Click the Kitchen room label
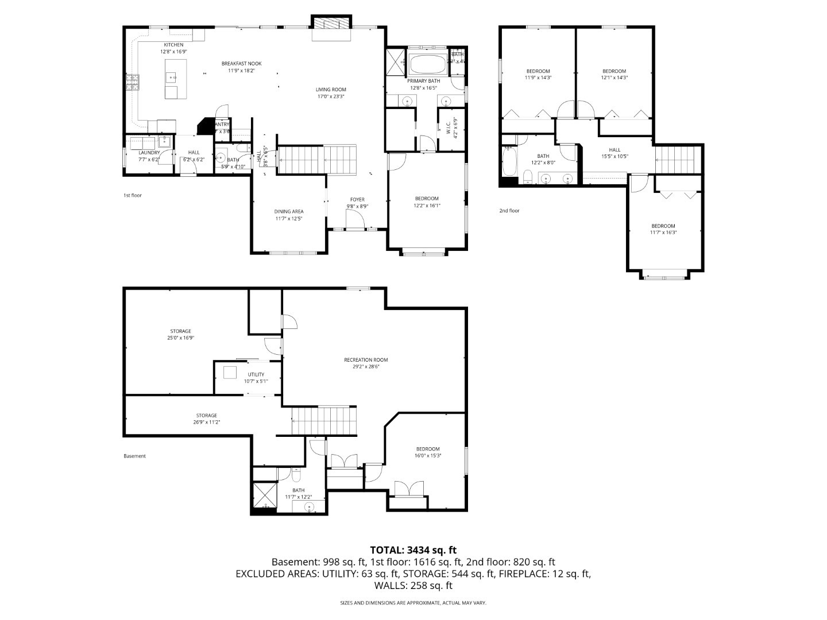(173, 45)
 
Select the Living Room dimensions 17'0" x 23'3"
(331, 96)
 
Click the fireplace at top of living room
(330, 24)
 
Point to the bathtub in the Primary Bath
(427, 63)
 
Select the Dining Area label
(288, 211)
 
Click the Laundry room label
(149, 153)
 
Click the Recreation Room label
(366, 360)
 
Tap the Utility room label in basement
(256, 374)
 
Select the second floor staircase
(678, 159)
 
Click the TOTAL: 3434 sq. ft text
(413, 550)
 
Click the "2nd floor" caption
(509, 211)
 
